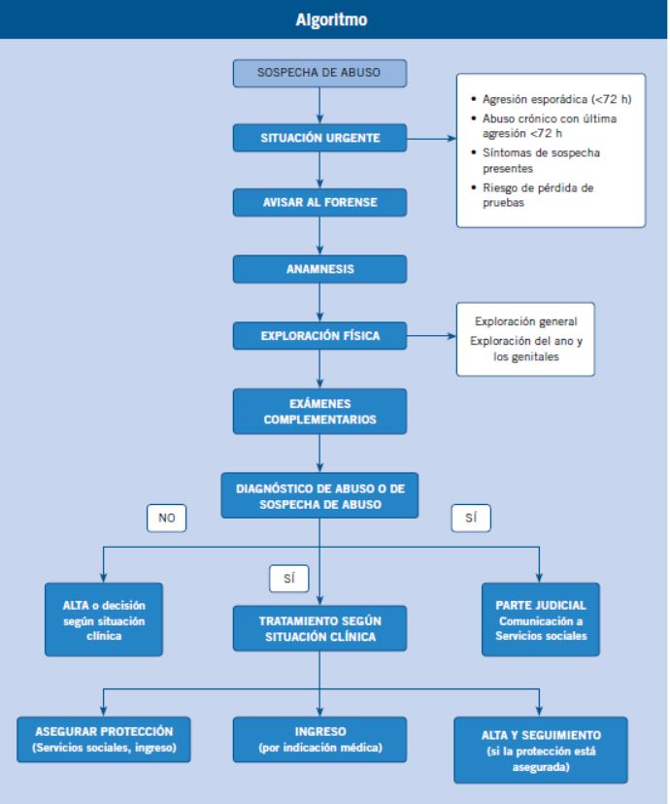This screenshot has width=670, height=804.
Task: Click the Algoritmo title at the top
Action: [x=331, y=19]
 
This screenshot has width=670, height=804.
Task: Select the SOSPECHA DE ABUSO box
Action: [x=319, y=73]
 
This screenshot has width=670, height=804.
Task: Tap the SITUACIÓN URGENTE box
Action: [x=319, y=138]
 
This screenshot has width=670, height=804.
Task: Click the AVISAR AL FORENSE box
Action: [x=319, y=203]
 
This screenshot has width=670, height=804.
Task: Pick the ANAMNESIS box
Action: [x=319, y=269]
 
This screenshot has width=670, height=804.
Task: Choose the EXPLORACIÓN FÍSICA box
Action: [x=319, y=336]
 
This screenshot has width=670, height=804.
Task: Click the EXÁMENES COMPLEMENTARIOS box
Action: [x=319, y=412]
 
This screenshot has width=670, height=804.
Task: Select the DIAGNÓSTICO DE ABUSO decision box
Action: [x=319, y=496]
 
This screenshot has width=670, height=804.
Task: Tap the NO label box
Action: [x=167, y=518]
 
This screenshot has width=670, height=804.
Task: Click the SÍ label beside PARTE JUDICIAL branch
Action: [x=471, y=518]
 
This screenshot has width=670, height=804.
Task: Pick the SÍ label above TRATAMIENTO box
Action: [x=289, y=579]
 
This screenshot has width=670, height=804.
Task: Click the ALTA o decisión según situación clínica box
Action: [x=104, y=620]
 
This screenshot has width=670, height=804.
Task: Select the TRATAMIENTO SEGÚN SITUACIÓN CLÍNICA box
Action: [x=319, y=628]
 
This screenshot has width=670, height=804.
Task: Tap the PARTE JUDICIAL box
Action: [x=541, y=620]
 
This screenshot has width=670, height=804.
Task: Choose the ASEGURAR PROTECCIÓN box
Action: [x=104, y=739]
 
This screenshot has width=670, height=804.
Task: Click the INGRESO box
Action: [x=319, y=739]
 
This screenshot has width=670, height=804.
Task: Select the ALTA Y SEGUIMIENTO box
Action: [x=541, y=751]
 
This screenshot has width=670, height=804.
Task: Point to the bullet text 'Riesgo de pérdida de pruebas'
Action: [x=538, y=195]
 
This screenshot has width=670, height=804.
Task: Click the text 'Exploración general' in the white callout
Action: [x=526, y=321]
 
